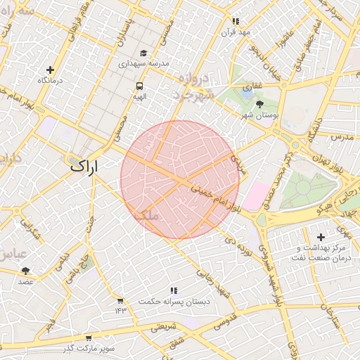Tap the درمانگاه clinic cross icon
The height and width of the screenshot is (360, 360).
[x=50, y=70]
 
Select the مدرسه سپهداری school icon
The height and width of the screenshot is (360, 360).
[x=144, y=53]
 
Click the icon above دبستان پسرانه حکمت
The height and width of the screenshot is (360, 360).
[x=173, y=290]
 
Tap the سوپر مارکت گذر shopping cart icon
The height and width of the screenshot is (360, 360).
[x=87, y=338]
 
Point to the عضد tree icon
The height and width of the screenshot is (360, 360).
[x=26, y=271]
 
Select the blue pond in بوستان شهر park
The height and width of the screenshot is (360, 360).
[x=247, y=89]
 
